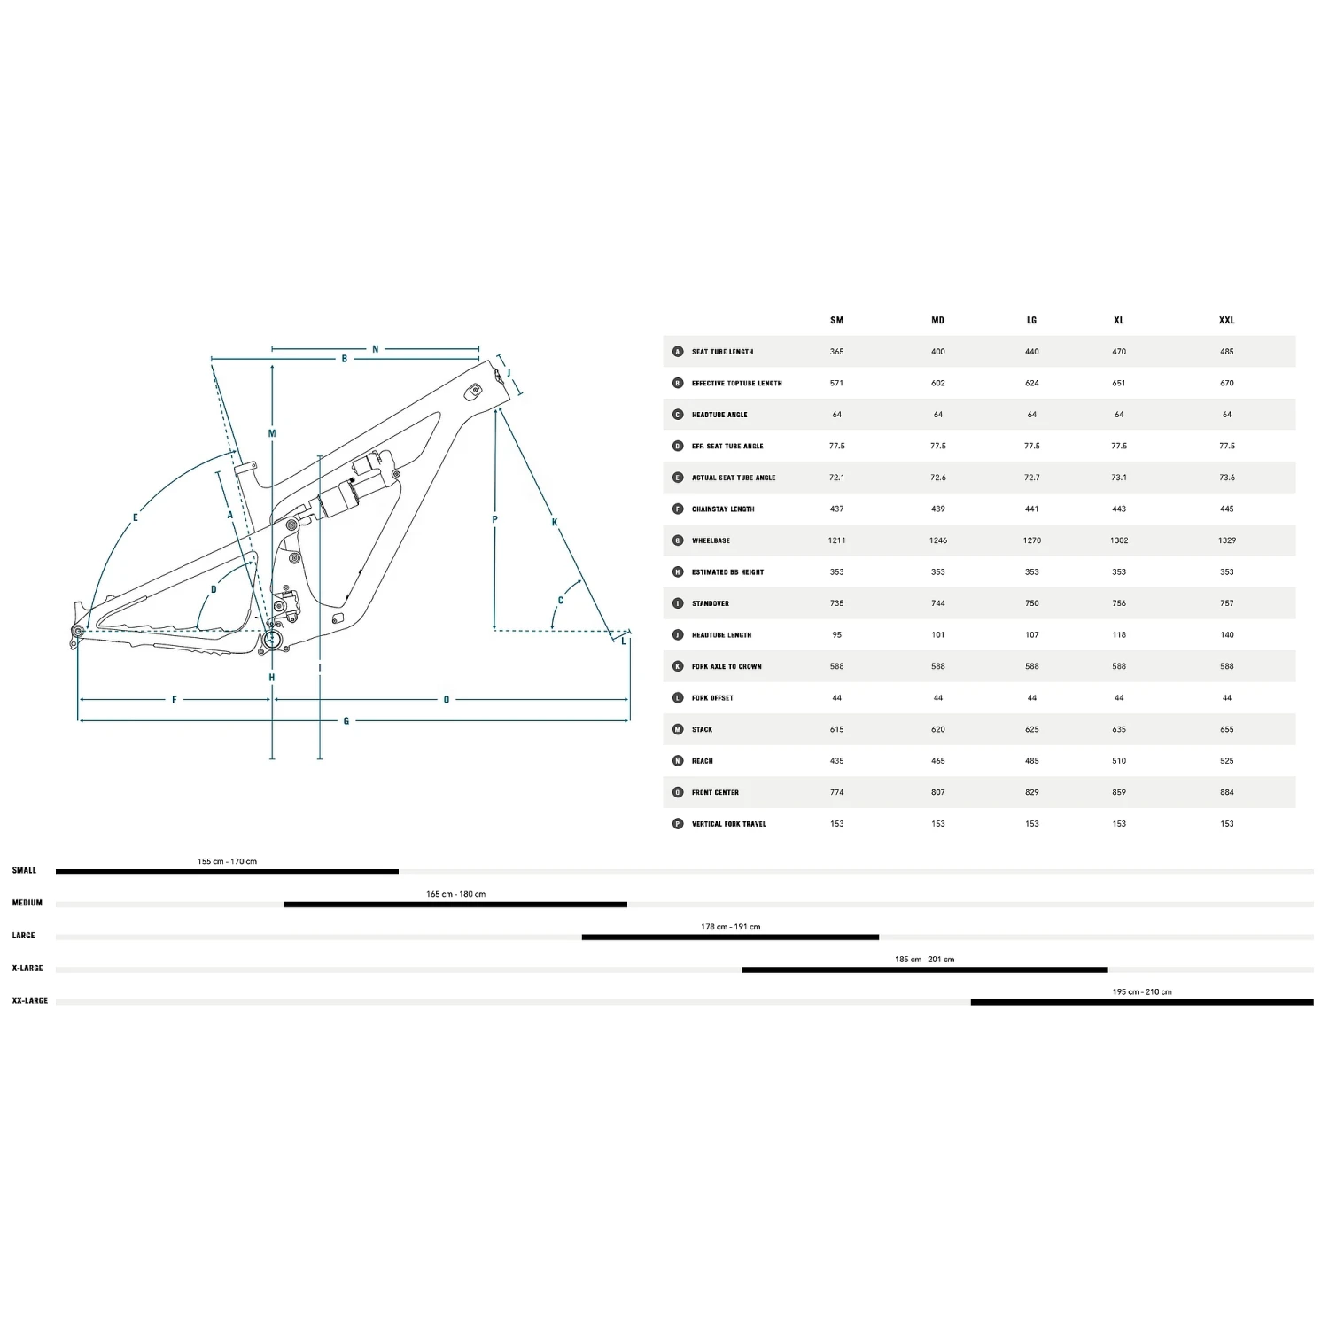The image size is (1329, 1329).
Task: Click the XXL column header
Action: pos(1226,320)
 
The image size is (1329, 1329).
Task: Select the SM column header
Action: pos(836,320)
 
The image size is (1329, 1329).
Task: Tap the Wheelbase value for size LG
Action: pos(1031,540)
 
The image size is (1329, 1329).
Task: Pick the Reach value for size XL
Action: pos(1119,761)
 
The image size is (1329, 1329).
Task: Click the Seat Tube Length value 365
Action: pos(836,352)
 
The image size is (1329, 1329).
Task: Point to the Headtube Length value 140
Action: pos(1226,635)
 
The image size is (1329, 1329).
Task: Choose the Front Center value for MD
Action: pos(937,792)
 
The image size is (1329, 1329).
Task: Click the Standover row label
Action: pos(711,603)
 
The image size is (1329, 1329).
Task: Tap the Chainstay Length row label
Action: pos(723,509)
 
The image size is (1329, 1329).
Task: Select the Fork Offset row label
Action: pos(712,698)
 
